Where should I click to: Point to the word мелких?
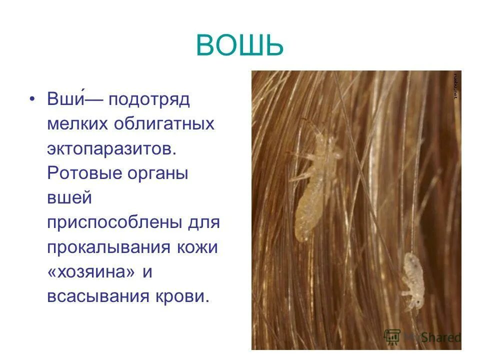click(x=78, y=123)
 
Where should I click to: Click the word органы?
click(x=159, y=174)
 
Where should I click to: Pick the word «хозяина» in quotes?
click(x=91, y=272)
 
